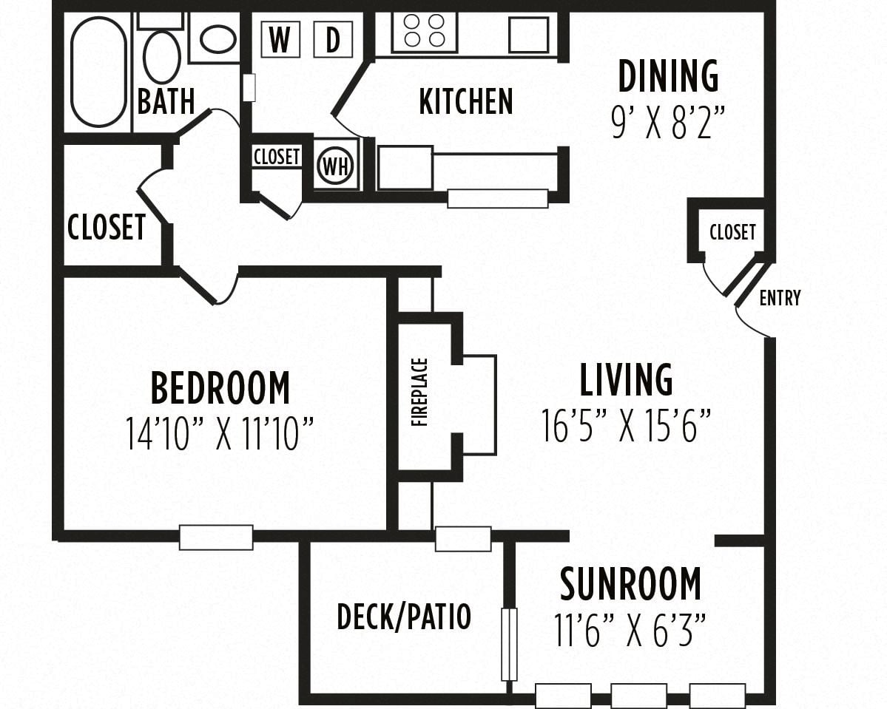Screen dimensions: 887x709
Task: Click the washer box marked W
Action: (280, 39)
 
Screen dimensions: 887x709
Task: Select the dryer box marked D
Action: (333, 39)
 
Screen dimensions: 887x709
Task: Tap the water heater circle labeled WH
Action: (336, 166)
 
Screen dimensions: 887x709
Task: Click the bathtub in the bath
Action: (98, 72)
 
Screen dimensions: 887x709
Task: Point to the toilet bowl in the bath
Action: (162, 56)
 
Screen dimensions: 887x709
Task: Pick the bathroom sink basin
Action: (218, 38)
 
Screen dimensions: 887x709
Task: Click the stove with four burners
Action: (425, 31)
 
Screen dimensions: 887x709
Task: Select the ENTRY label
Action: (780, 297)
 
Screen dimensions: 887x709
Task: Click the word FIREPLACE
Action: (419, 393)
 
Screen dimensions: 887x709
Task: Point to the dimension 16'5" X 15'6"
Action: (626, 425)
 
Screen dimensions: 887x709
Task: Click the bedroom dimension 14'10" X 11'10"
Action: (219, 433)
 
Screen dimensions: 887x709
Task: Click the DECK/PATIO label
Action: (404, 617)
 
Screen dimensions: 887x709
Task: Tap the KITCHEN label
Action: (466, 101)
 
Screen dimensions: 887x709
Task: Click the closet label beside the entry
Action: (732, 232)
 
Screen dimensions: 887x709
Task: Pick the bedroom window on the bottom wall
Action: (216, 537)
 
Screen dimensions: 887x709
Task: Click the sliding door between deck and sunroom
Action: (509, 645)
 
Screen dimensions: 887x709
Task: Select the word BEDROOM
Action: (220, 387)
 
